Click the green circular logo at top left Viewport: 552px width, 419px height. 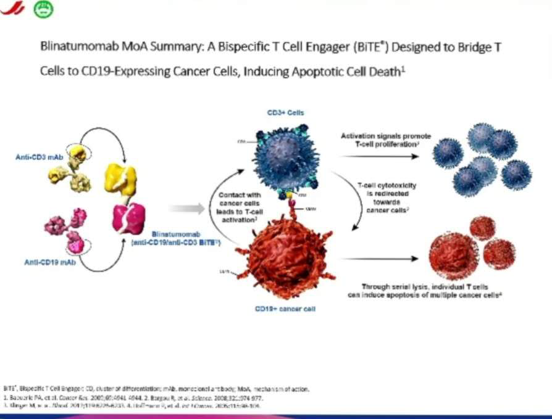point(43,7)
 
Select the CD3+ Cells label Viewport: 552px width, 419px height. point(285,114)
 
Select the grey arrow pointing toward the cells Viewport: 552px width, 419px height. point(186,209)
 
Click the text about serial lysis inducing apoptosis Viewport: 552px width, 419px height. point(424,291)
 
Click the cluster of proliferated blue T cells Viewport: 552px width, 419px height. point(482,157)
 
